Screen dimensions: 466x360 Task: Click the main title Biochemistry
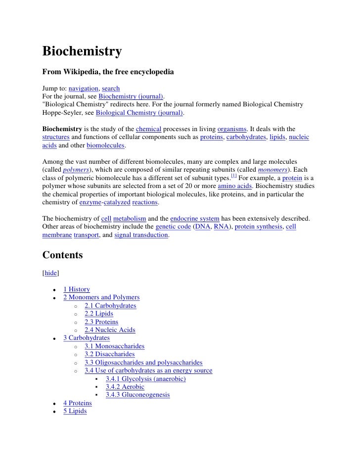click(82, 52)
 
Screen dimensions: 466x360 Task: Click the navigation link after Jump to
click(84, 89)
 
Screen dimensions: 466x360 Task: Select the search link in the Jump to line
click(111, 89)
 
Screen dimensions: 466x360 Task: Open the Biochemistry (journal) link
click(131, 96)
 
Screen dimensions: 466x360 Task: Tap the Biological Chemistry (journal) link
click(139, 113)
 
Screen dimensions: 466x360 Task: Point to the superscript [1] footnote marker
click(234, 177)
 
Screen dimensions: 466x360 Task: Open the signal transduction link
click(141, 235)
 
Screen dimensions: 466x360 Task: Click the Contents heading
click(62, 256)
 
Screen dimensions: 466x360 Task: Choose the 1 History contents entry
click(77, 289)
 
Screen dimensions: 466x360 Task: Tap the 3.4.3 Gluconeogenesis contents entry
click(137, 395)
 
